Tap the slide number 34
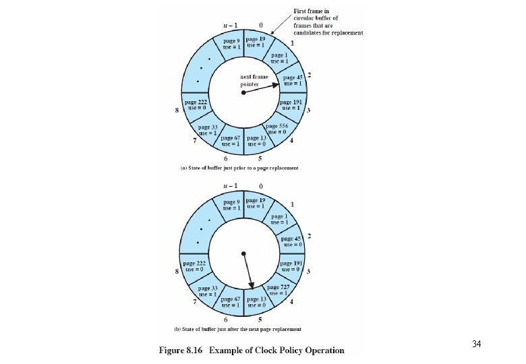coord(476,344)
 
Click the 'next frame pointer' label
coord(254,81)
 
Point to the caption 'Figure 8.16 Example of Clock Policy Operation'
coord(251,350)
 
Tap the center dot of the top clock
coord(243,93)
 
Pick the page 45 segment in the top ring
coord(293,81)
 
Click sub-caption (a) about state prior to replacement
coord(240,167)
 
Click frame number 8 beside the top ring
coord(176,111)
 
